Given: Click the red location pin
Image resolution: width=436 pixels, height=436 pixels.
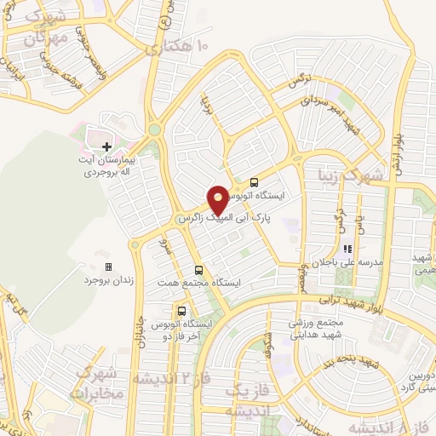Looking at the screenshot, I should (219, 198).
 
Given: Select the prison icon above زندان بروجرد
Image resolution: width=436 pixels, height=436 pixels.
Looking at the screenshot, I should (108, 267).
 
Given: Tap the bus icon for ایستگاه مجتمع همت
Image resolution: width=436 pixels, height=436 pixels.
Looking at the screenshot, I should (199, 267).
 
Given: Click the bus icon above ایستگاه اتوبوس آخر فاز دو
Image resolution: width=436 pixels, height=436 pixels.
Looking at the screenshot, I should (181, 310).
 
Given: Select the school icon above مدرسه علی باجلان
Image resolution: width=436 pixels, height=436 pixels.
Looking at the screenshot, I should (347, 250).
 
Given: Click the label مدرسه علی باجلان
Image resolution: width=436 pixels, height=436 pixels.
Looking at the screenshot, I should (347, 263).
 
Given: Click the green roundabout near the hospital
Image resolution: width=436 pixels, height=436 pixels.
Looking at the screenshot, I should (154, 130).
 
